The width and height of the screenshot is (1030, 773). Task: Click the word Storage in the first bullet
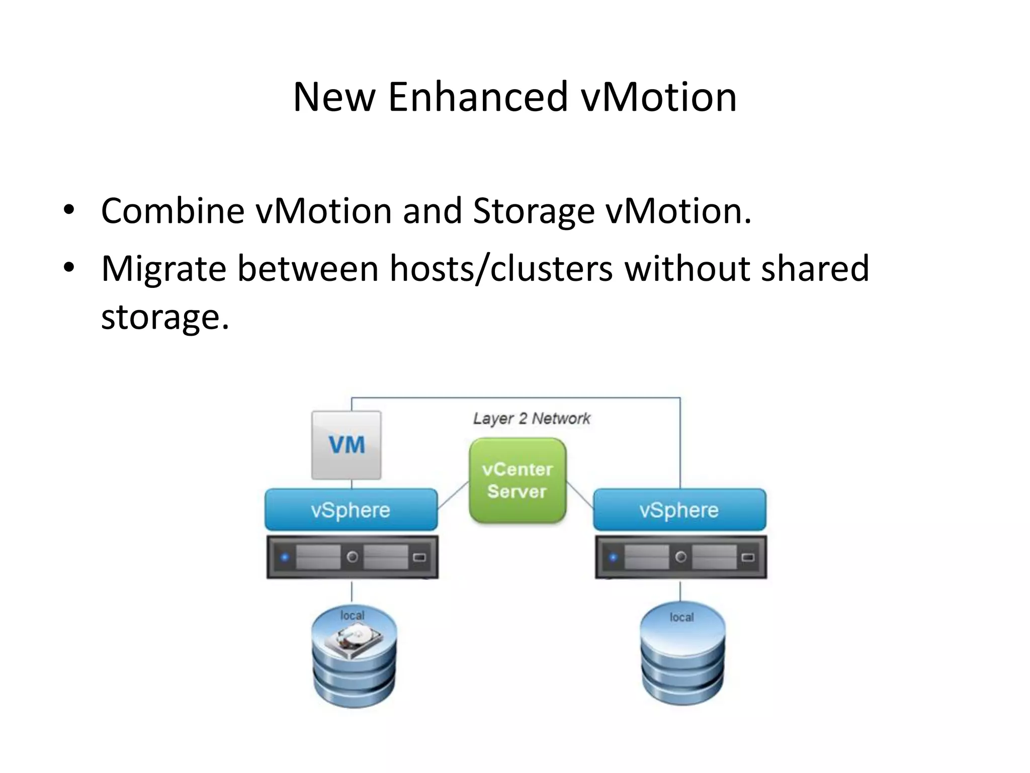534,211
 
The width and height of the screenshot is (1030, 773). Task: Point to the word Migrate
164,269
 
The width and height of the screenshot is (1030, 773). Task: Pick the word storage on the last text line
165,317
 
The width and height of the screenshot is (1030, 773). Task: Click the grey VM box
347,445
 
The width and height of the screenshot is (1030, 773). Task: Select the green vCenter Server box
518,481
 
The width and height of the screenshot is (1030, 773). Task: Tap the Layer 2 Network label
532,419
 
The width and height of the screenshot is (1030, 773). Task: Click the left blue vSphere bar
351,510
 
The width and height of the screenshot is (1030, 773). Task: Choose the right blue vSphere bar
679,510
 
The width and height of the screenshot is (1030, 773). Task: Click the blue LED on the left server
285,557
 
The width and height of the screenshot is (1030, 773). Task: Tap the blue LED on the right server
613,557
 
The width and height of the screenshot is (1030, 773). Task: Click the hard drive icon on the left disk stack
353,640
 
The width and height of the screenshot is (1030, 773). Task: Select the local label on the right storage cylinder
681,617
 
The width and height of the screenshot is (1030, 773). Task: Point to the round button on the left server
353,557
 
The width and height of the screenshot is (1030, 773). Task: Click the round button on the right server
681,557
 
